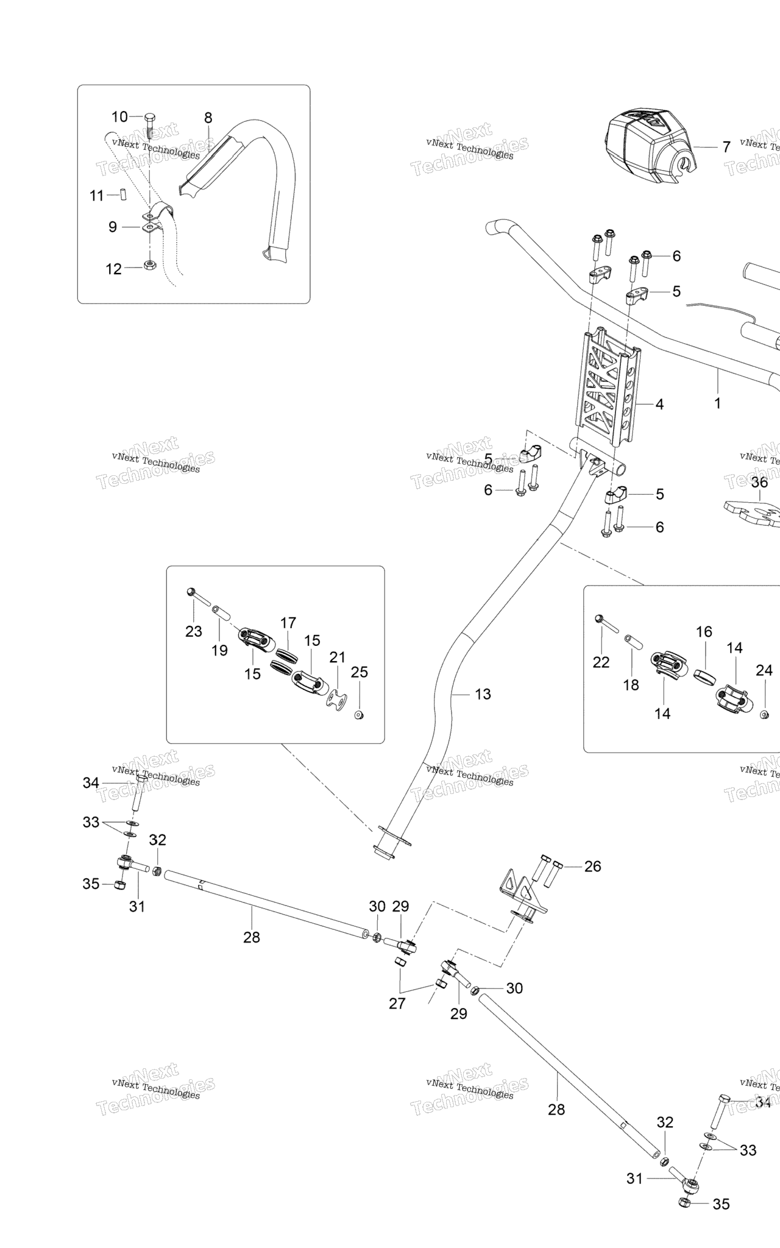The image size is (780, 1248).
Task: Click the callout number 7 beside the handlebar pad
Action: coord(726,147)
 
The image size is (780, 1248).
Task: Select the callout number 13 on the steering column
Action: coord(483,694)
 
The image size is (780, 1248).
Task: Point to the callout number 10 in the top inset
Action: coord(119,116)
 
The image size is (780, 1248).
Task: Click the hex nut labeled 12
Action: coord(149,265)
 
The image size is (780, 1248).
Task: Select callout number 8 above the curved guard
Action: coord(208,118)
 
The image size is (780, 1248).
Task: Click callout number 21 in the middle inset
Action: coord(337,657)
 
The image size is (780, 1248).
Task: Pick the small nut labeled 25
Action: coord(359,714)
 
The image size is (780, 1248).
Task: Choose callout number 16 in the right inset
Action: coord(704,631)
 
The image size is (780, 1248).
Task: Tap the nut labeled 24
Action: coord(764,714)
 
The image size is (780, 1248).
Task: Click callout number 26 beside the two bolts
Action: coord(592,866)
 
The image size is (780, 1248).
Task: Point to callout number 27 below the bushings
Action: coord(397,1003)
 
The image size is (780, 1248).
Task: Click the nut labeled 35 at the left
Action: coord(121,884)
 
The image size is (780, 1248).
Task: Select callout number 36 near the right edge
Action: coord(759,483)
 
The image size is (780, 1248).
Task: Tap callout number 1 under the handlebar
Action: coord(717,403)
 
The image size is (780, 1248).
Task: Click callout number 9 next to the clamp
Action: coord(113,227)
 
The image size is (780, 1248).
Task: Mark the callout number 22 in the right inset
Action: coord(601,662)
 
